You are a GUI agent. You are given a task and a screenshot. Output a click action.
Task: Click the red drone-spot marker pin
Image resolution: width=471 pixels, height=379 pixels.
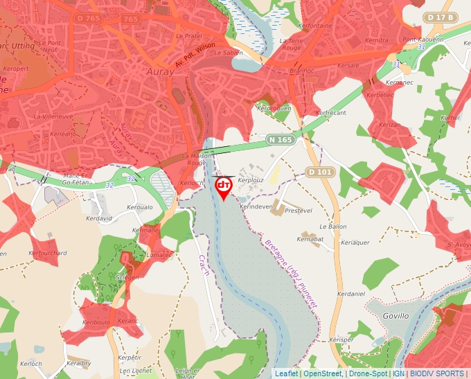224,187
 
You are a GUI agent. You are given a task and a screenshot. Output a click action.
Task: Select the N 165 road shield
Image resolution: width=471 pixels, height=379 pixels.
281,140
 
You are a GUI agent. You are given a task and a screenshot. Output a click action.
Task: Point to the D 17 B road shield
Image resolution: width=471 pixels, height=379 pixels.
441,17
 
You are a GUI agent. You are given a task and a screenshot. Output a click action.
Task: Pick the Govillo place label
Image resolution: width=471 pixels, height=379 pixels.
396,315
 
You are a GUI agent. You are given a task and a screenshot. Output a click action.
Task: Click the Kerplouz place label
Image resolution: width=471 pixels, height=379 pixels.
251,179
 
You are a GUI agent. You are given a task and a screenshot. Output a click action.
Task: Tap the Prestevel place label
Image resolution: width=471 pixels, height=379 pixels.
299,210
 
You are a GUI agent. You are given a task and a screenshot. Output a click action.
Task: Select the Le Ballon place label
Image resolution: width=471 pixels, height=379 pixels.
332,227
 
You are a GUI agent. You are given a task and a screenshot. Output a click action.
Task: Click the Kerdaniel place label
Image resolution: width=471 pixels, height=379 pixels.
350,294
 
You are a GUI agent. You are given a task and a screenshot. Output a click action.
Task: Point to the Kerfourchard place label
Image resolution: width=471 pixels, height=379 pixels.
48,254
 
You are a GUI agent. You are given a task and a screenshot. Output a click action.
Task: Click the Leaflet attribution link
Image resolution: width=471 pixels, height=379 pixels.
286,373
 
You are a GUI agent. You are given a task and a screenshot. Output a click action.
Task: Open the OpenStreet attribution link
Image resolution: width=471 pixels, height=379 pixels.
322,373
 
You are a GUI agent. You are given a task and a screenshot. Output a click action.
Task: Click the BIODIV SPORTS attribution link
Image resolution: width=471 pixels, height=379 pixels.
436,373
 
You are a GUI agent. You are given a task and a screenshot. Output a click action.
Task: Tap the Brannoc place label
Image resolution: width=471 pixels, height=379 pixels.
302,71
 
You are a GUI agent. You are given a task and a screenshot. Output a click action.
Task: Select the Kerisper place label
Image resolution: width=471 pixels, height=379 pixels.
341,340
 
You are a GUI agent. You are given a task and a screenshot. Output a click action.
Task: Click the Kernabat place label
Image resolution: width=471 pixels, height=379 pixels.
310,239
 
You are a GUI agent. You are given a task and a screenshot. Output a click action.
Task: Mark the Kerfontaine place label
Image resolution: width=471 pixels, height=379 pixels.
314,26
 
